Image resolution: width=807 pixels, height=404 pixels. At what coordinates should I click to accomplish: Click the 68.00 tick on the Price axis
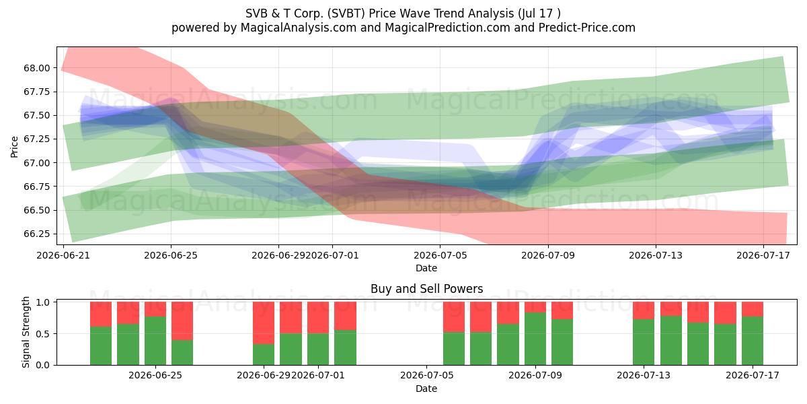[37, 68]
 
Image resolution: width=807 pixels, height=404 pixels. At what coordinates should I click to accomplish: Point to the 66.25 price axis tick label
[37, 234]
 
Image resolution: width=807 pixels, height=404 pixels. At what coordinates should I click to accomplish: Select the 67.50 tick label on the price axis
[37, 115]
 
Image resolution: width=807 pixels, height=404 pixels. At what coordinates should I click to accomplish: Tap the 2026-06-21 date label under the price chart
[63, 255]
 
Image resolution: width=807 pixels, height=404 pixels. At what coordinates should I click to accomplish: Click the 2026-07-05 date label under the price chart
[440, 255]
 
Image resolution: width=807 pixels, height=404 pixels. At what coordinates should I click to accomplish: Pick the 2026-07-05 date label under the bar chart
[426, 375]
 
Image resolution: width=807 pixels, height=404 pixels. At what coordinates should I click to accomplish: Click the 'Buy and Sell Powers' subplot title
[426, 289]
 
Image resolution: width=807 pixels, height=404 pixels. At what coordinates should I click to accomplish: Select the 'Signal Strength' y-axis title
[26, 332]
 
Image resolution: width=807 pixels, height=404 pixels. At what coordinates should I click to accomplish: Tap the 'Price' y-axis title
[14, 147]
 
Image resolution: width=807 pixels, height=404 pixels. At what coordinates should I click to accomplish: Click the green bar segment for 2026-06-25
[155, 341]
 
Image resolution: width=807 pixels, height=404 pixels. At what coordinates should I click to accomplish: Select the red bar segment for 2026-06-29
[264, 323]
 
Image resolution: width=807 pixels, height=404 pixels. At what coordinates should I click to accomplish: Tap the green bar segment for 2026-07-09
[535, 339]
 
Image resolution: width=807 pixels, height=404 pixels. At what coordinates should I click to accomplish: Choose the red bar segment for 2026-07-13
[644, 310]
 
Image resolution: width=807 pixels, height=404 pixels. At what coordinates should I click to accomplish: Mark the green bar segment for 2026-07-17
[753, 341]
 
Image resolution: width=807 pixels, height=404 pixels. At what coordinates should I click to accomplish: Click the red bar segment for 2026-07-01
[318, 318]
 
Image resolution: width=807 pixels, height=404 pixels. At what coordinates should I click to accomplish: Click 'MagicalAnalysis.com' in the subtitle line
[299, 28]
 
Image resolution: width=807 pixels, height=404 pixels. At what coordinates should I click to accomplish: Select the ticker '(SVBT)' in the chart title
[346, 13]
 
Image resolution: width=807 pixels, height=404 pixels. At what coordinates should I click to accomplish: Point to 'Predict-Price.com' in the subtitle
[587, 28]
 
